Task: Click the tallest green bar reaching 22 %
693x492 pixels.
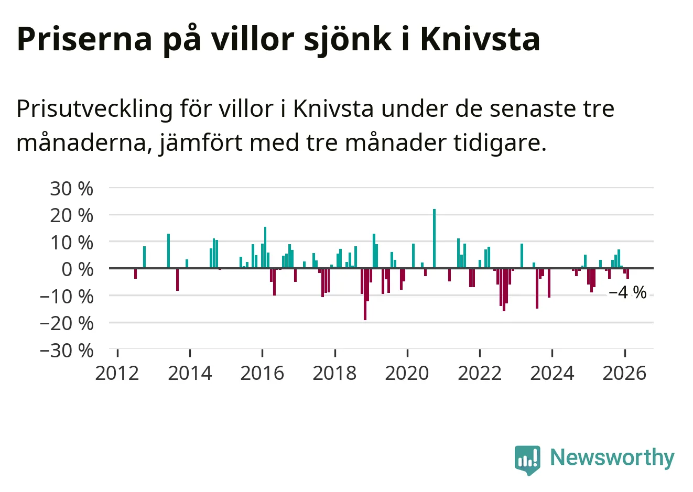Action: (x=434, y=238)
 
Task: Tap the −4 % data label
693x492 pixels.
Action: (x=627, y=292)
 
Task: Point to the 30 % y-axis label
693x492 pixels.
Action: (x=72, y=188)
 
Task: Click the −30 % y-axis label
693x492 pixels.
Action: (x=67, y=350)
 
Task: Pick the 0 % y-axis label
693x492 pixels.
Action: (x=77, y=269)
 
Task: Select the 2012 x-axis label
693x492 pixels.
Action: (x=117, y=373)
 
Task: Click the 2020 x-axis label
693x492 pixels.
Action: (x=407, y=373)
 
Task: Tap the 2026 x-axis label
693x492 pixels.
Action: (x=624, y=373)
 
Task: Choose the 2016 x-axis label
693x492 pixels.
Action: (x=262, y=373)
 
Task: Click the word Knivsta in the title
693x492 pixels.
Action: (x=480, y=39)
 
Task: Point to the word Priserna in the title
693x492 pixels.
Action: (x=84, y=39)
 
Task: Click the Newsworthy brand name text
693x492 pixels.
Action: (x=612, y=457)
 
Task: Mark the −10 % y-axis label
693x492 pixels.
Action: (x=67, y=296)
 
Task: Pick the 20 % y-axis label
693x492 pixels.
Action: (x=72, y=215)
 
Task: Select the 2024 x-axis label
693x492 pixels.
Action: (x=552, y=373)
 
